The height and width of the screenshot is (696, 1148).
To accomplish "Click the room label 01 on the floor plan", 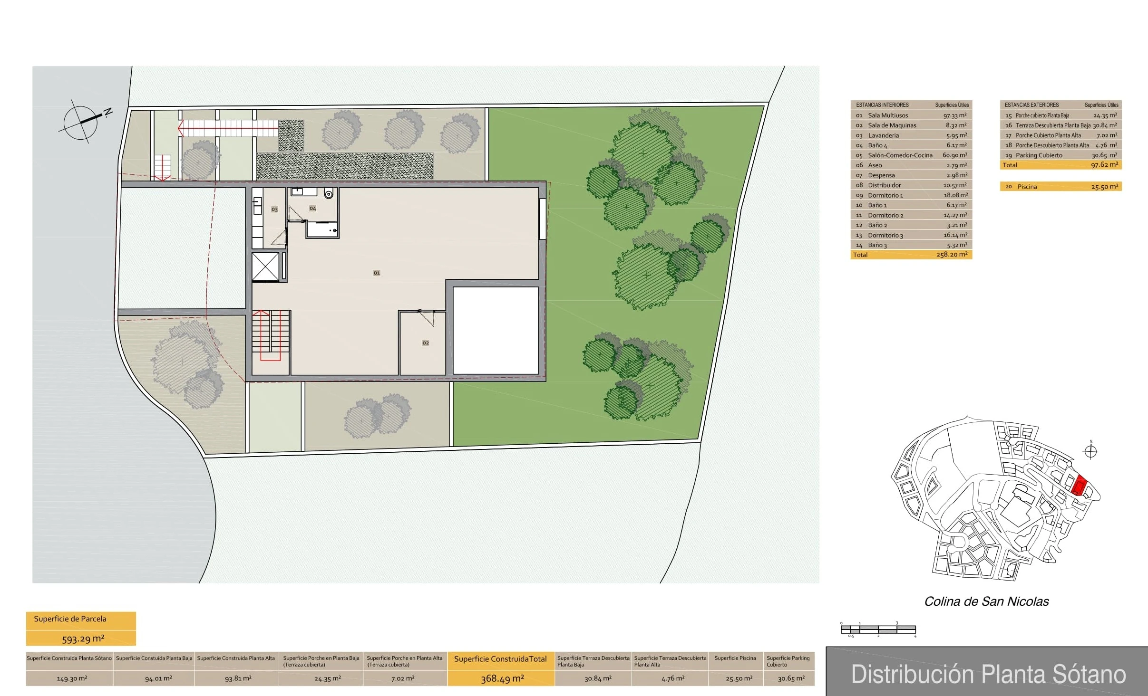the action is tap(377, 273).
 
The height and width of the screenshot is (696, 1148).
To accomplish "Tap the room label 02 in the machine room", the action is tap(426, 343).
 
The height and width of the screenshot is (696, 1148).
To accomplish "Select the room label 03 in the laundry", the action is tap(274, 210).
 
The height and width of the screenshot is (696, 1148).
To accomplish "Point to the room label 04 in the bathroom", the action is tap(312, 209).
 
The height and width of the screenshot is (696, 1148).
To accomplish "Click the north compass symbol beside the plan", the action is tap(81, 122).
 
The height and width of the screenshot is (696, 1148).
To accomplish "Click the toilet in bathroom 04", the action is tap(328, 193).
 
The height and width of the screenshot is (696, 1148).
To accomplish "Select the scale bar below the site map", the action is tap(878, 629).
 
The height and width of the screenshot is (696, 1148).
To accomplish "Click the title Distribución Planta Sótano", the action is tap(988, 674).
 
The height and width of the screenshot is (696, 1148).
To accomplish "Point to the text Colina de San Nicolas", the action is tap(986, 602).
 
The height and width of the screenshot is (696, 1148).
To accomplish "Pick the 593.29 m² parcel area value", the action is tap(83, 639).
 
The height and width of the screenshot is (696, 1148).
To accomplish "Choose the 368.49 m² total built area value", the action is tap(502, 678).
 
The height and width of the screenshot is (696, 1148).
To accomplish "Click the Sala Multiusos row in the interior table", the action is tap(911, 115).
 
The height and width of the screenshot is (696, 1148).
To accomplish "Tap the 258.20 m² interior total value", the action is tap(952, 255).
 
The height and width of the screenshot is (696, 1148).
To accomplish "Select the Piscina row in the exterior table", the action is tap(1060, 187).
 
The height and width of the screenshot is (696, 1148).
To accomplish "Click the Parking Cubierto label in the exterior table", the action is tap(1039, 155).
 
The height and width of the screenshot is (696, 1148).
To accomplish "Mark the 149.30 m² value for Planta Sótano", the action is tap(72, 679).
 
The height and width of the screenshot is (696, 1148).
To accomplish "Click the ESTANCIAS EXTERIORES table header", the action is tap(1031, 105).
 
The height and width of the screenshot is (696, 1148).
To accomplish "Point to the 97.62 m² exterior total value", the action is tap(1104, 165).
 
